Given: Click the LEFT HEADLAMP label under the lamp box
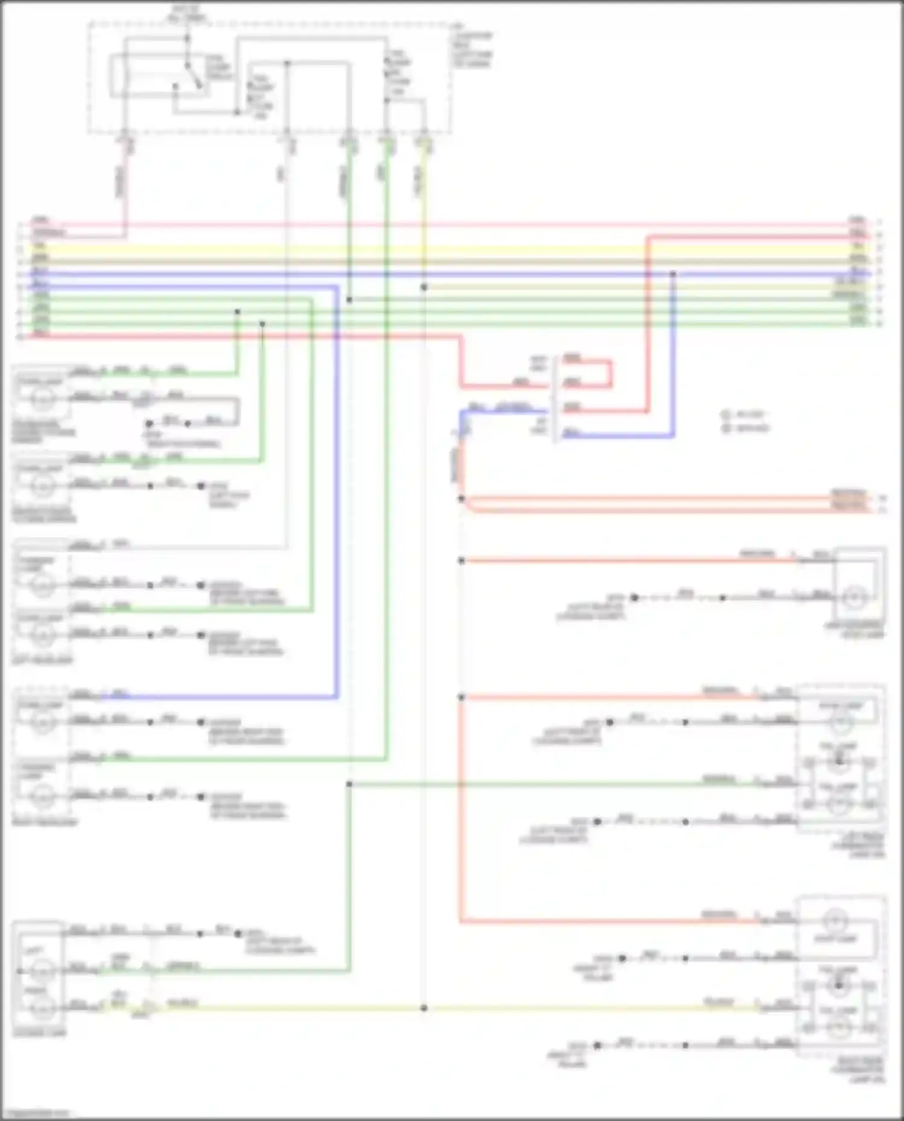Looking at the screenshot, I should [x=42, y=660].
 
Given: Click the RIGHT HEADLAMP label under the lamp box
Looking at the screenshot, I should [x=45, y=822].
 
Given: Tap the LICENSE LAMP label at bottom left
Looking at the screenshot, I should [x=39, y=1034].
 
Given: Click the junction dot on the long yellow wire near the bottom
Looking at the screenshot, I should [x=424, y=1008].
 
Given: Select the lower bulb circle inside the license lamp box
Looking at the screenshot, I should [x=40, y=1005].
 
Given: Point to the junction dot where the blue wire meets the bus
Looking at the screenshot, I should [x=673, y=274].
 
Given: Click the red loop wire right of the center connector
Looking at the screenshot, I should [x=610, y=373].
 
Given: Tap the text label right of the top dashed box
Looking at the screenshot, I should [x=473, y=49].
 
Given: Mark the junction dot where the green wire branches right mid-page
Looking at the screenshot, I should [x=349, y=784].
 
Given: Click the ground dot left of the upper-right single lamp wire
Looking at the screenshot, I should [x=634, y=598].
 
